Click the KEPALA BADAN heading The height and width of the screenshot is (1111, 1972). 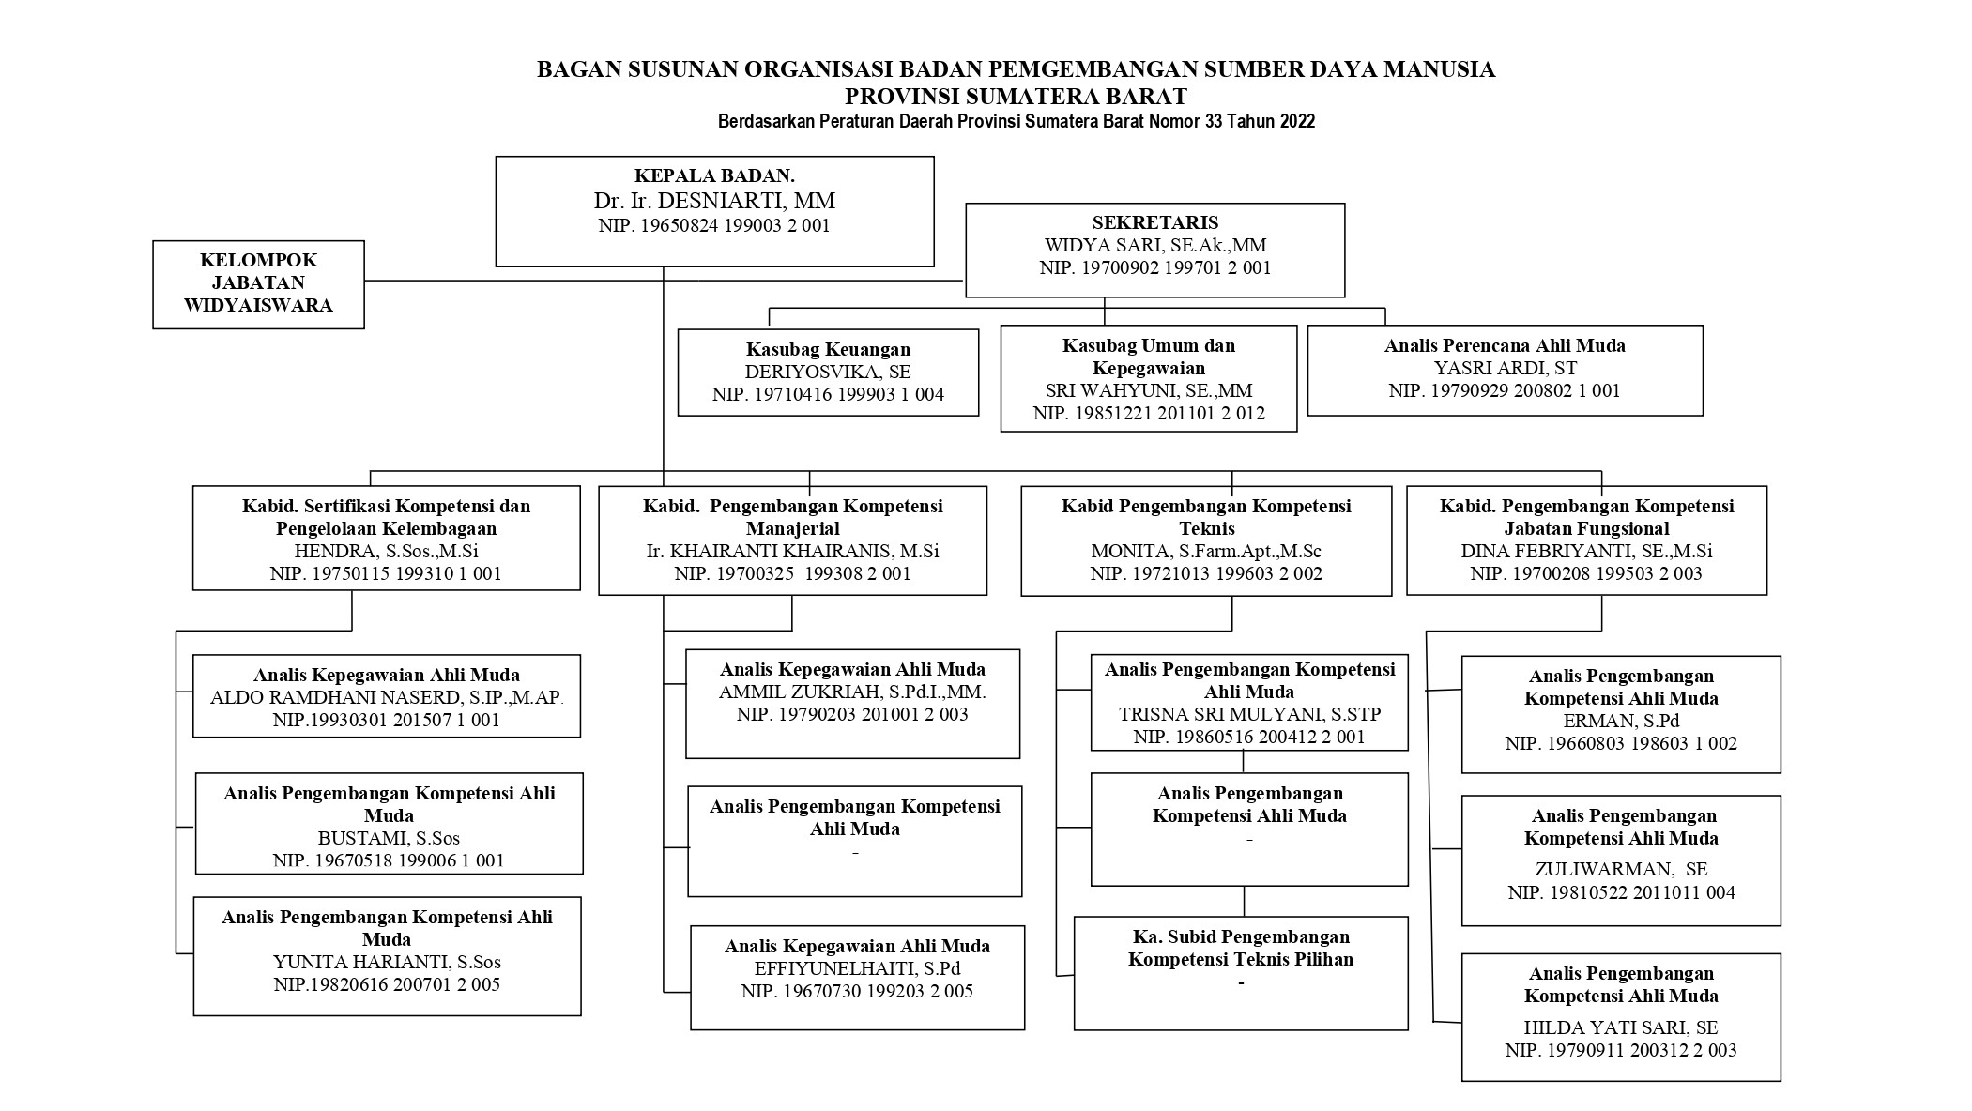(714, 175)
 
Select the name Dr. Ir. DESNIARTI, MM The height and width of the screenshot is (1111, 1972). (714, 201)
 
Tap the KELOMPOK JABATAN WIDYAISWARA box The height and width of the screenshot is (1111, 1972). (258, 283)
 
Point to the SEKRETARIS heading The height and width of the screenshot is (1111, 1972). (1154, 222)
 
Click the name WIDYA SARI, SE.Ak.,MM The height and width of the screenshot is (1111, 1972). (1154, 245)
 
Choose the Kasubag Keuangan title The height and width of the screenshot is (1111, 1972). (828, 349)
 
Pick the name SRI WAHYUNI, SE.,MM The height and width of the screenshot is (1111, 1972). (1149, 390)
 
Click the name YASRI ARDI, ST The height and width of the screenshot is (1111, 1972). (1505, 368)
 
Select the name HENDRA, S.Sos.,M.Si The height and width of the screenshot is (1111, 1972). (386, 551)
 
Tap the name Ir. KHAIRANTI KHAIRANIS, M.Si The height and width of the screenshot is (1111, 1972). (792, 551)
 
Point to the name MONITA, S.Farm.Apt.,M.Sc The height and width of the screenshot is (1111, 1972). (1205, 551)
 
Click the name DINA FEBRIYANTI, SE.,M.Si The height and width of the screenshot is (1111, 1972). (1586, 551)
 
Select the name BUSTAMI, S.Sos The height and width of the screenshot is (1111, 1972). (389, 838)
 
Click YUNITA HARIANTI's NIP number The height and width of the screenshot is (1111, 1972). (387, 984)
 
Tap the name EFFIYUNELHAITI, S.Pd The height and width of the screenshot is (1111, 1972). (857, 968)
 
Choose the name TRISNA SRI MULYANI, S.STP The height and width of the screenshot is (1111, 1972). (1249, 714)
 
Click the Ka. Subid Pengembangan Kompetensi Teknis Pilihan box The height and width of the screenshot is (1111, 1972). (1241, 972)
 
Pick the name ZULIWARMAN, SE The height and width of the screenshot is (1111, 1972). (1621, 869)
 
